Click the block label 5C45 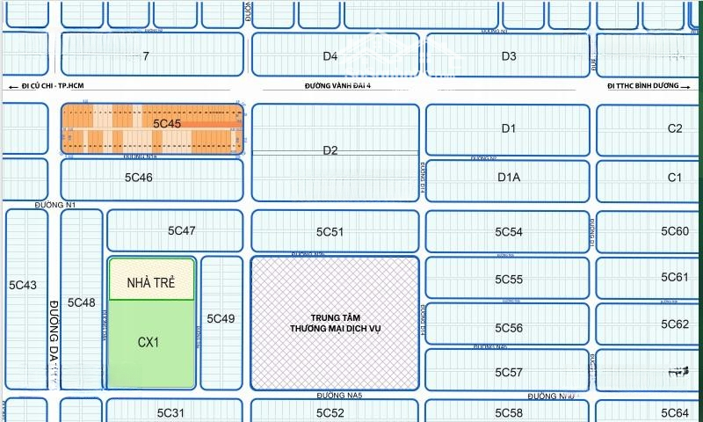coord(167,124)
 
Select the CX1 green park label coord(149,342)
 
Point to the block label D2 coord(330,150)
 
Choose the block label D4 coord(330,56)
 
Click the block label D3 coord(509,56)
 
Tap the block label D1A coord(509,177)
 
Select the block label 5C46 coord(139,177)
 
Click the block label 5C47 coord(182,230)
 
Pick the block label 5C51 coord(330,232)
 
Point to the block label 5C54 coord(509,232)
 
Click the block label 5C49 coord(221,318)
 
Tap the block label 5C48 coord(82,302)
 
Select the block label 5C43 coord(23,285)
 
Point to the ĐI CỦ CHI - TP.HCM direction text coord(52,86)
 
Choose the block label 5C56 coord(509,328)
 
